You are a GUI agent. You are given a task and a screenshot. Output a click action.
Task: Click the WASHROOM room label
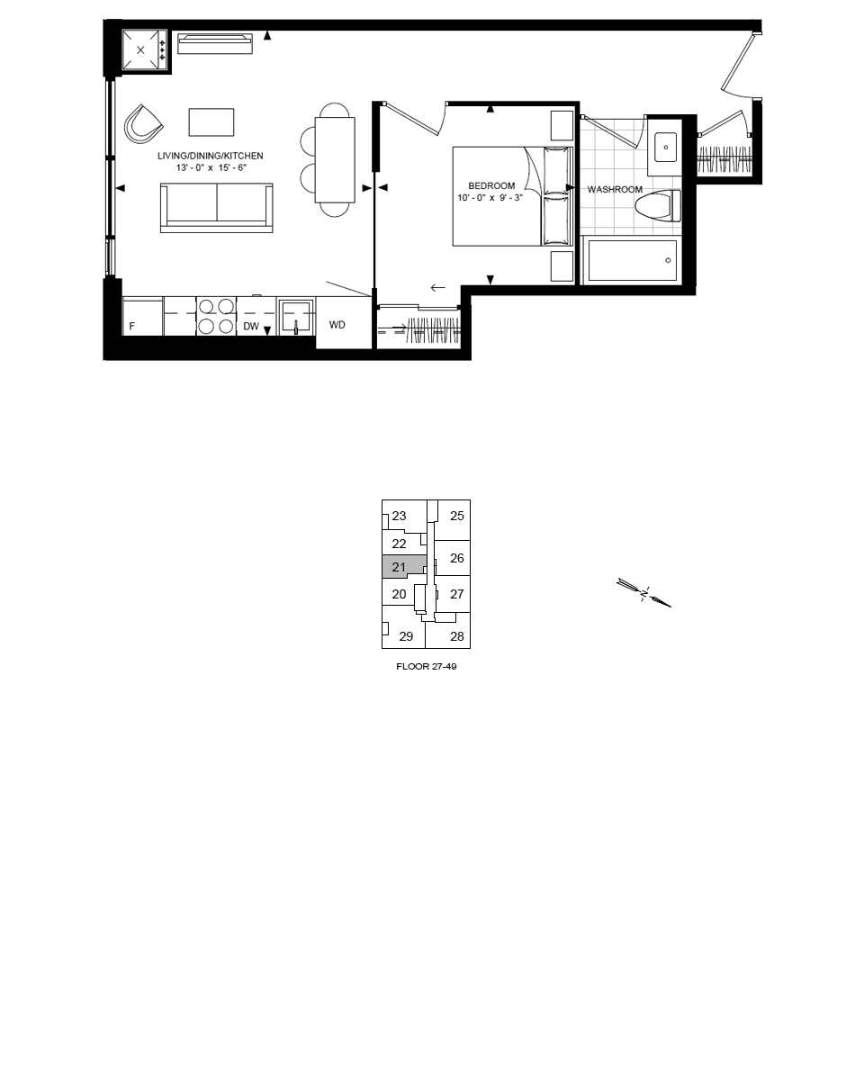[615, 189]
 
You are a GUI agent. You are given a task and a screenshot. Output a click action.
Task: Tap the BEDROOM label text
[491, 185]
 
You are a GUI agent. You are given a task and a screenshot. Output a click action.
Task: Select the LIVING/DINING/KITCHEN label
[210, 156]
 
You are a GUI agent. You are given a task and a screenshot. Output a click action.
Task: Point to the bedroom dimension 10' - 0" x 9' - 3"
[490, 198]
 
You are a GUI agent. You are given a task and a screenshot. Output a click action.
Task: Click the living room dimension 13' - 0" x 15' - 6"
[211, 168]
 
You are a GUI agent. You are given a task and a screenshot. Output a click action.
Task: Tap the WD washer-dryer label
[337, 325]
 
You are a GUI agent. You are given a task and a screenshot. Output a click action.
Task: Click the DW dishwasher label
[251, 327]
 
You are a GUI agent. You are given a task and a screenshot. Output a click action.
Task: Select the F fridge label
[132, 327]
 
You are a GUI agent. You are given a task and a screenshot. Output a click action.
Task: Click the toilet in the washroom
[658, 205]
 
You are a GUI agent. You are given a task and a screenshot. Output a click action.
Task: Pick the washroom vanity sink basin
[666, 148]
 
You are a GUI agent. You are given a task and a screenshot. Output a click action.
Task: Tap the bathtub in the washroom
[633, 261]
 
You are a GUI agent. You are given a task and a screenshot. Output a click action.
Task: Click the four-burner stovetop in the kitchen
[216, 317]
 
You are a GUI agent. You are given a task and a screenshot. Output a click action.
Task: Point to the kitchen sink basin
[296, 318]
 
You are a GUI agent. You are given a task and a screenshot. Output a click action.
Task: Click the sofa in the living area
[217, 208]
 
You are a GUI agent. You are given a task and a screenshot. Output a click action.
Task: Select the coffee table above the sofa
[211, 122]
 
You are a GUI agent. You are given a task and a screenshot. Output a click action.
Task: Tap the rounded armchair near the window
[144, 124]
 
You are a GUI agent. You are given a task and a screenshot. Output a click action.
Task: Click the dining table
[335, 160]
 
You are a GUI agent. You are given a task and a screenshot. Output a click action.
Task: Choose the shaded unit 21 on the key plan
[404, 566]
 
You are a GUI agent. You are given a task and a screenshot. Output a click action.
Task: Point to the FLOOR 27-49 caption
[427, 667]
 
